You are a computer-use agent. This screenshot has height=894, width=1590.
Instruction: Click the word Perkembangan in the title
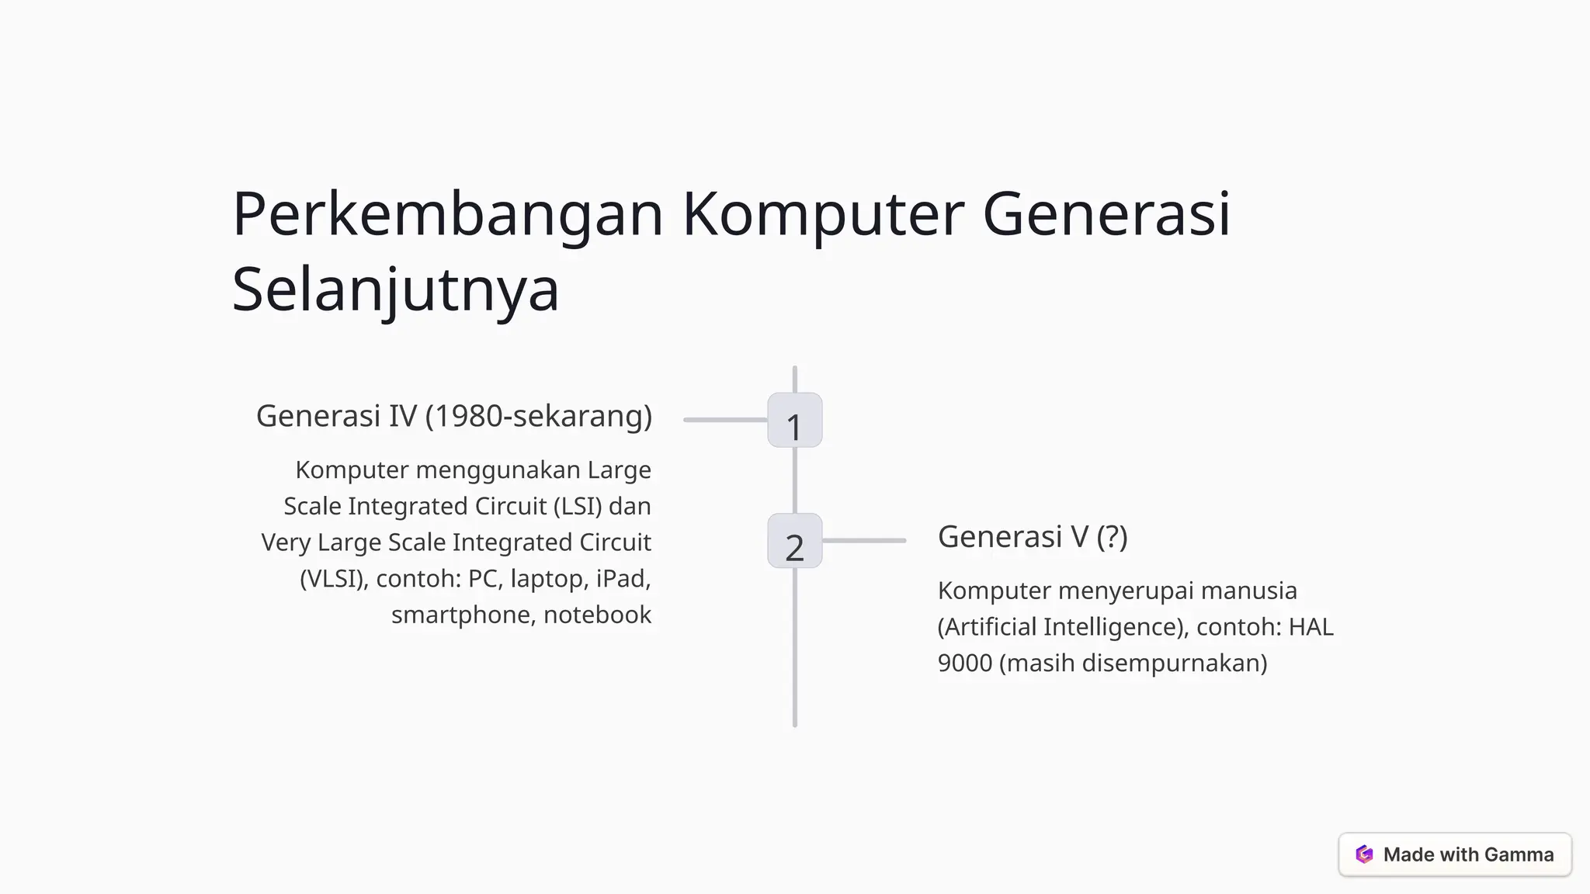448,214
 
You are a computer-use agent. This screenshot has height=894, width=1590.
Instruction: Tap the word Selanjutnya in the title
395,289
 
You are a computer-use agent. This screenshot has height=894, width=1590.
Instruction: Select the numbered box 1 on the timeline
794,421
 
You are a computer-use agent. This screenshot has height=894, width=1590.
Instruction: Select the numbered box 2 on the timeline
794,541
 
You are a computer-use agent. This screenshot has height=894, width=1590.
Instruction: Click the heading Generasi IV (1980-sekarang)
453,416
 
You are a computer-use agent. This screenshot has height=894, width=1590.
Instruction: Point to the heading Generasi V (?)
1032,536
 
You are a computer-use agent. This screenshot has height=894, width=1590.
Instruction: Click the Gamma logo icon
1364,854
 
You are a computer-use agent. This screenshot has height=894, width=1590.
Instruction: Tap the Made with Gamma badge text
1468,854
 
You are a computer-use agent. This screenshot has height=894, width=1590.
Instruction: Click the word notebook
597,615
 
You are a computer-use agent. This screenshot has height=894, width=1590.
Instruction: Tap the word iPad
623,578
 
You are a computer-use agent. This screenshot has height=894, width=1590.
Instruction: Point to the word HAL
1311,627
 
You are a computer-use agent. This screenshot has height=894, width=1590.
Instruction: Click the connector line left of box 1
725,420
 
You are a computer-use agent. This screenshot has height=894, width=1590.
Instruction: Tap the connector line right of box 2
864,540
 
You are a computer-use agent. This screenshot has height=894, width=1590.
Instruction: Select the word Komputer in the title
823,214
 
